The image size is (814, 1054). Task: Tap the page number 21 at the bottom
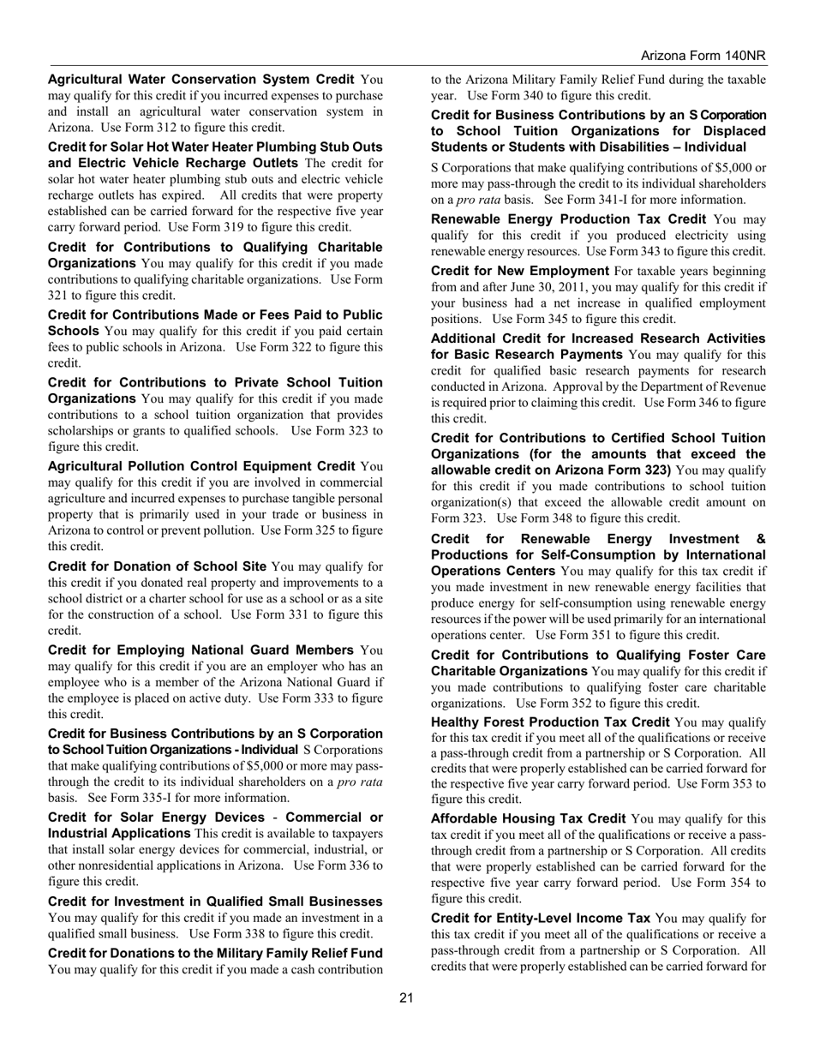[x=406, y=997]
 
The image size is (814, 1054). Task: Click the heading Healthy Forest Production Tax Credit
[x=550, y=722]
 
